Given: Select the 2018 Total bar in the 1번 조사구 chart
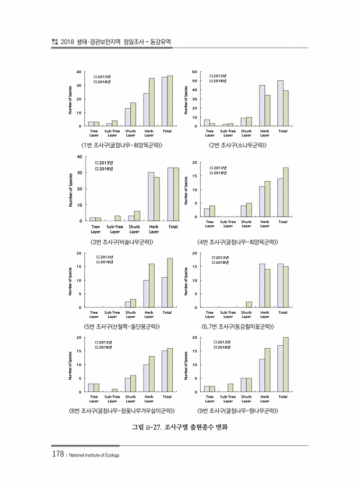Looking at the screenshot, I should (170, 101).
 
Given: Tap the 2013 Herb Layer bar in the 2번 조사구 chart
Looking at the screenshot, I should (262, 105).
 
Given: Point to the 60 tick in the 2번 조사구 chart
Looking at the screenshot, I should (195, 72).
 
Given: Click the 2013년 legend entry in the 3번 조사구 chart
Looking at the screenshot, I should (104, 162).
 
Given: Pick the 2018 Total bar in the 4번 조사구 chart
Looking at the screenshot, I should (286, 192).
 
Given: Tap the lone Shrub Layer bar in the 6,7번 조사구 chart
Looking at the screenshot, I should (249, 304).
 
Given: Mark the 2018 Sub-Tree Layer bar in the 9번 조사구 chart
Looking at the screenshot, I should (230, 388).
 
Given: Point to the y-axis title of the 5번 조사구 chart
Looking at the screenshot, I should (70, 281).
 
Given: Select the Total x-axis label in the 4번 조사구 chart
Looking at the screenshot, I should (283, 222).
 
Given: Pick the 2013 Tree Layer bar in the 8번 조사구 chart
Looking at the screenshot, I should (91, 388).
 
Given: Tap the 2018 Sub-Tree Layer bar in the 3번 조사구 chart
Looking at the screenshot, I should (117, 218).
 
